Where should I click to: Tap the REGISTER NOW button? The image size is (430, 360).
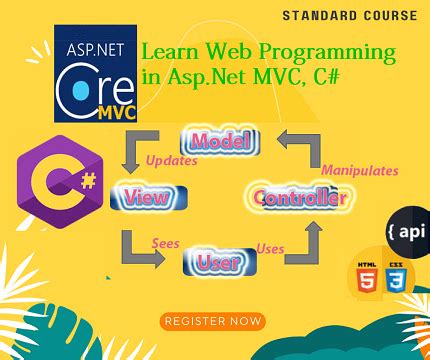point(213,321)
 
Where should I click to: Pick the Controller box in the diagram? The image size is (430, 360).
point(299,197)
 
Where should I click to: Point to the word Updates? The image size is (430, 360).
point(171,160)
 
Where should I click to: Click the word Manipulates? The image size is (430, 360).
point(360,170)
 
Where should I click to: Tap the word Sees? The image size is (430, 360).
point(165,243)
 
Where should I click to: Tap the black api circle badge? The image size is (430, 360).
point(405,230)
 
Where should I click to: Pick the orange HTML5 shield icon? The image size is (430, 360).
point(366,277)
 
